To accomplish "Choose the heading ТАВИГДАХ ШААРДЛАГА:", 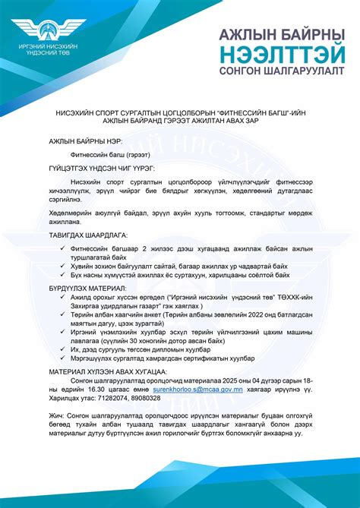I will coord(87,236).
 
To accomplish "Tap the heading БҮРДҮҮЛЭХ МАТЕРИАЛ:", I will coord(87,289).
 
